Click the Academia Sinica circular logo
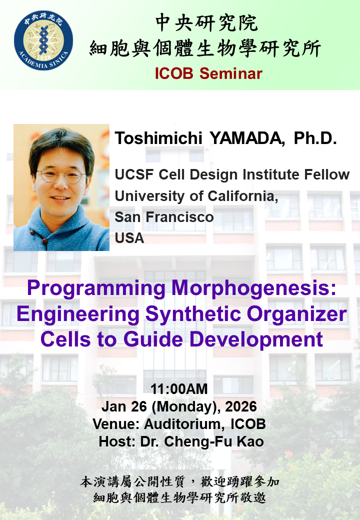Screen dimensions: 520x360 pos(43,41)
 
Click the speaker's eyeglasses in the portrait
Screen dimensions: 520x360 pos(61,176)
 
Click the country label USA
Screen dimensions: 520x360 pos(129,238)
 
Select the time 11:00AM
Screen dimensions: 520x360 pos(179,388)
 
